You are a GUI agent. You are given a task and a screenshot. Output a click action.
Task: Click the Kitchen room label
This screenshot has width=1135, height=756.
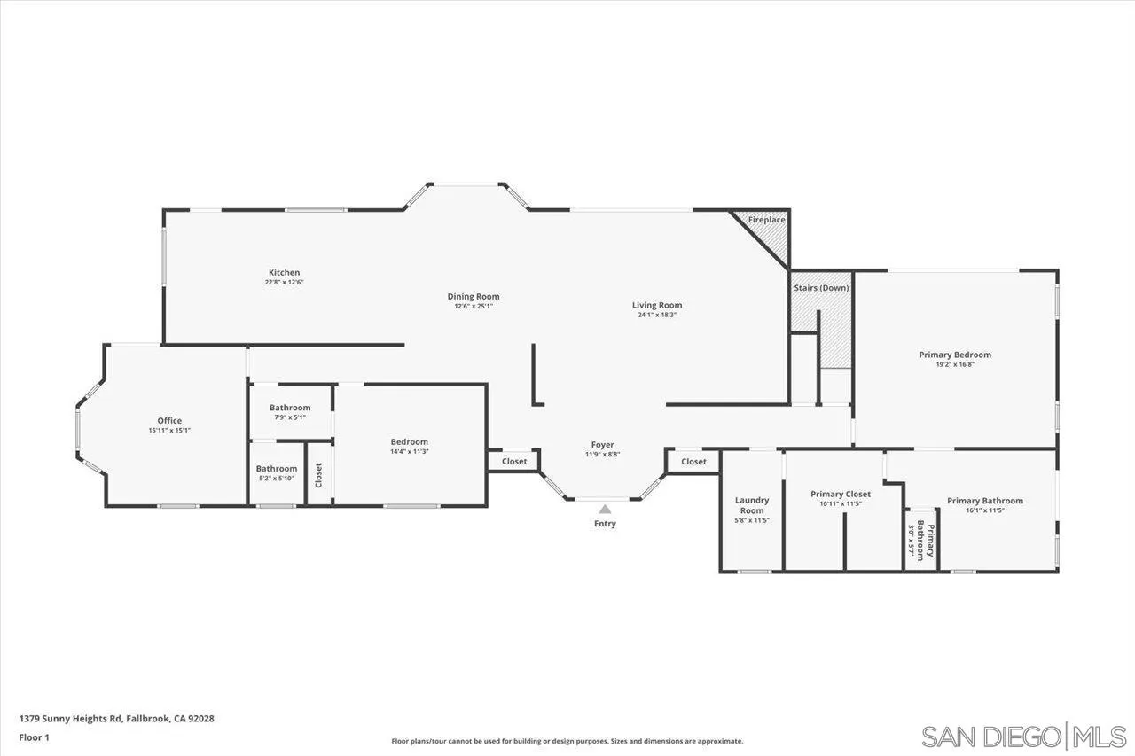pos(284,273)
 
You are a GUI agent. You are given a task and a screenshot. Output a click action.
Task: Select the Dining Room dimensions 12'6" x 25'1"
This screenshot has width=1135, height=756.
pos(473,307)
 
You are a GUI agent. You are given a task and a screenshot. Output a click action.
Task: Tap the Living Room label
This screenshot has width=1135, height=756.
pos(656,306)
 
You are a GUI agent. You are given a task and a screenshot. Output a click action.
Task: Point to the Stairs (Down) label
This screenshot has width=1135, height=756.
pos(820,288)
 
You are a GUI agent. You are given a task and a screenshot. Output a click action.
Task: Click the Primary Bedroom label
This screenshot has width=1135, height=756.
pos(954,355)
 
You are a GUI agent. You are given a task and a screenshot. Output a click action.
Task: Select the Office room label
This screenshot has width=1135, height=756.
pos(169,421)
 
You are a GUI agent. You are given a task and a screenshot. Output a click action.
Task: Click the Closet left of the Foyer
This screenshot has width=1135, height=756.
pos(514,462)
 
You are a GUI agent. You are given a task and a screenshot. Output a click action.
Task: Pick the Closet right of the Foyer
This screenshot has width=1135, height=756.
pos(693,462)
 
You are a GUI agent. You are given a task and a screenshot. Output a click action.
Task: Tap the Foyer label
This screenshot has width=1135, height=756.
pos(603,445)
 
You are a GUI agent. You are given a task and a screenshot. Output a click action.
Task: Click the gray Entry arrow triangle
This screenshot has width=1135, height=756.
pos(605,510)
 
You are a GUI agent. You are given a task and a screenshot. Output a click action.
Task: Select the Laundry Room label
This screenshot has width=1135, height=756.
pos(751,505)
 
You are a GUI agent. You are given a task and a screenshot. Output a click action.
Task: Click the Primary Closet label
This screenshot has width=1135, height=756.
pos(841,494)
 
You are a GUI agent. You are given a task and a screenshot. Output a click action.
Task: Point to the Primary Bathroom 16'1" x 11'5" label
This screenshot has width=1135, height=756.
pos(984,501)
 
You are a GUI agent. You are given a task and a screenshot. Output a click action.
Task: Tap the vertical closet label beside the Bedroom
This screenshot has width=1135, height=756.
pos(318,475)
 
